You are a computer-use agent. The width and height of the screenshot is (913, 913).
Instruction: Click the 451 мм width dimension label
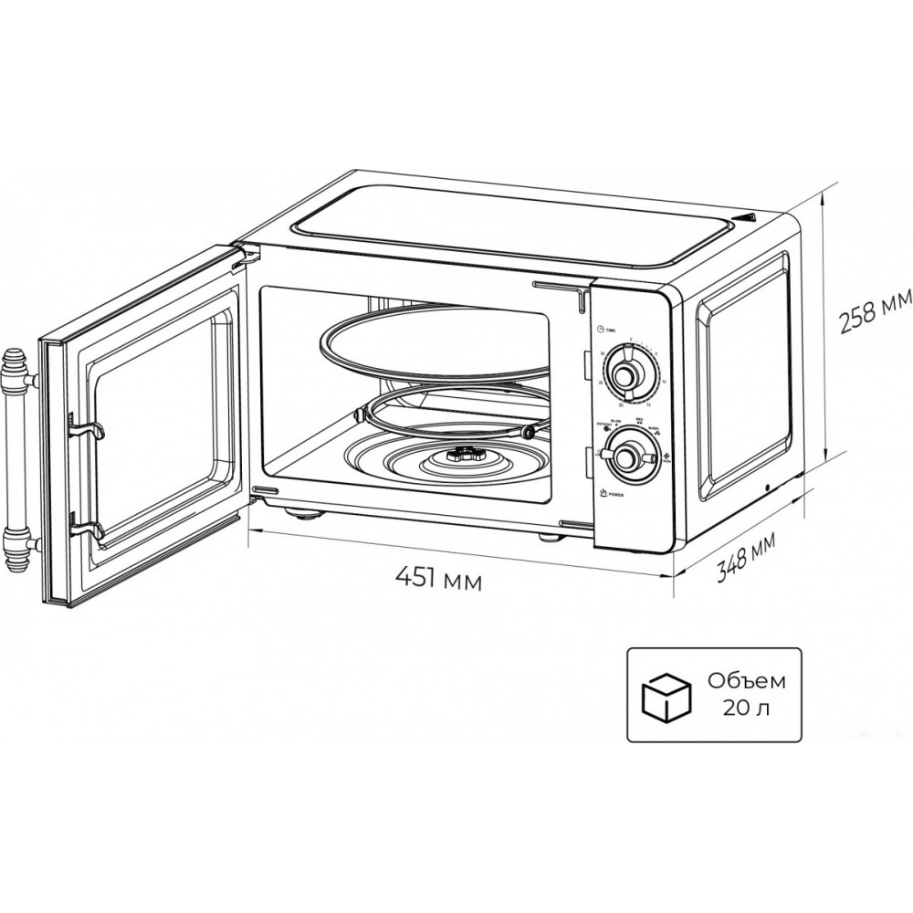(x=437, y=578)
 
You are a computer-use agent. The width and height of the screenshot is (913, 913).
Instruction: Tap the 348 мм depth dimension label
(x=745, y=559)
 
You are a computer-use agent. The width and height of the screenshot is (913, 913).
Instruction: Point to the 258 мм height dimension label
(x=875, y=312)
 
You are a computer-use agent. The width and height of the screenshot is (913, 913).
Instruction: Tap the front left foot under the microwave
(x=304, y=512)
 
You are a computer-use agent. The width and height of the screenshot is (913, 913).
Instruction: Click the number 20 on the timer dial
(x=621, y=403)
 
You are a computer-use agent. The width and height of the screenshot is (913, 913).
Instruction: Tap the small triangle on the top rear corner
(x=749, y=218)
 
